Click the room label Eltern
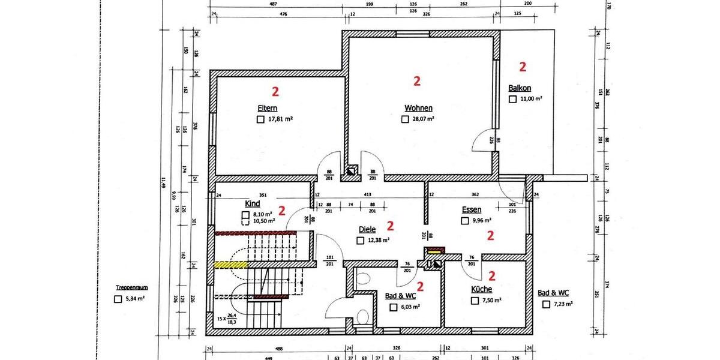coord(267,109)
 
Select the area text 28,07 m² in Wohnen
coord(422,119)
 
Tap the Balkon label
coord(520,88)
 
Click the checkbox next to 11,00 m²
coord(512,99)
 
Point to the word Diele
coord(367,229)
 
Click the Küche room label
coord(481,289)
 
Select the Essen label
coord(472,209)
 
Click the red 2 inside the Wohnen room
coord(418,80)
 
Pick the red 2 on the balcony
coord(523,66)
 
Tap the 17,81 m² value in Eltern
coord(280,119)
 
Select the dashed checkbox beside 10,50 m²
coord(245,221)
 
